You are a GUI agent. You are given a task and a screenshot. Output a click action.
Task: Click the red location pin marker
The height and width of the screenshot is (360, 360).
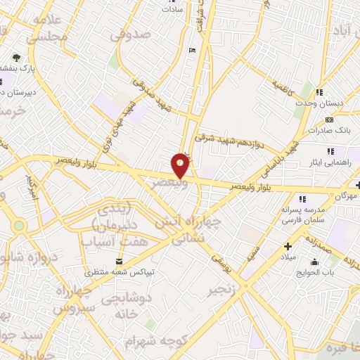coord(181,165)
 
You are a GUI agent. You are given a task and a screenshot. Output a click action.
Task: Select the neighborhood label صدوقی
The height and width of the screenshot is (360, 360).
coord(131,33)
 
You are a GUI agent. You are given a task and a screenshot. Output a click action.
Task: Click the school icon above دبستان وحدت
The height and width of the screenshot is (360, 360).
coord(319,92)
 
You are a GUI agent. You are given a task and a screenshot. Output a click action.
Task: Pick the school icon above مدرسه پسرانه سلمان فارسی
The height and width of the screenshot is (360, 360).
coord(303,199)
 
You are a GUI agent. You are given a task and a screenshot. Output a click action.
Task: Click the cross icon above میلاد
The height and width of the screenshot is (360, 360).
coord(287,246)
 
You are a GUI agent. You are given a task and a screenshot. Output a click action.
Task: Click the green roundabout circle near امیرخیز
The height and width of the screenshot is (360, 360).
coord(18,226)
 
